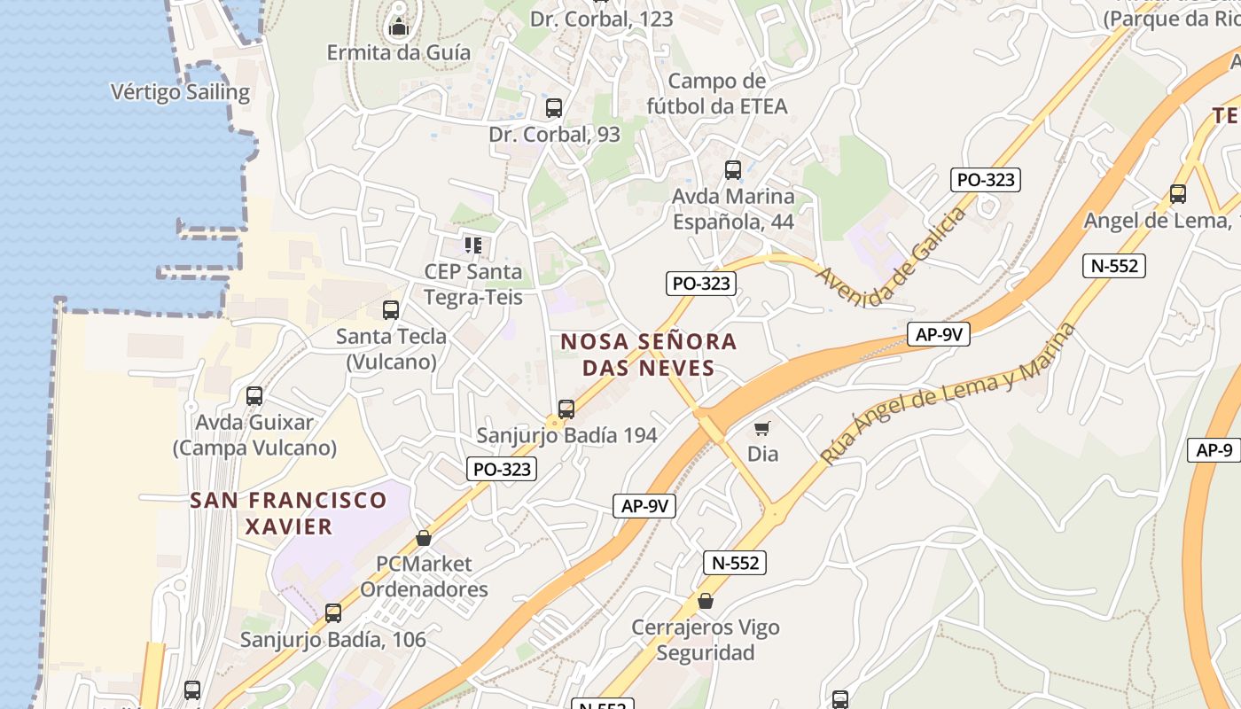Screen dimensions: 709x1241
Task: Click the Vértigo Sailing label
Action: tap(180, 92)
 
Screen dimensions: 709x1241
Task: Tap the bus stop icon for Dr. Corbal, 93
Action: tap(554, 108)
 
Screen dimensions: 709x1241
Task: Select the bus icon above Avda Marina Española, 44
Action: tap(733, 170)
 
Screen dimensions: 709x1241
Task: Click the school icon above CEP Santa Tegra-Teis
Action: tap(473, 245)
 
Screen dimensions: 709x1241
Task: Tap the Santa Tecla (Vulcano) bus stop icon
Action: tap(390, 310)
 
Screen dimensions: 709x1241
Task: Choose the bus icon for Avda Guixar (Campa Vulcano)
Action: tap(254, 396)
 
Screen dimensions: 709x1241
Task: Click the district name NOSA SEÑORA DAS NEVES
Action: tap(648, 354)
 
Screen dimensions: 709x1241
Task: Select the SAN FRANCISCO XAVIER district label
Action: tap(288, 513)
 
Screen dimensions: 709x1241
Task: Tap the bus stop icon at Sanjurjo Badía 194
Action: tap(566, 409)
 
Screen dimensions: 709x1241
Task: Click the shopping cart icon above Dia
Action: tap(762, 429)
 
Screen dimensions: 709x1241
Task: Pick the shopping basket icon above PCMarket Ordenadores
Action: tap(424, 538)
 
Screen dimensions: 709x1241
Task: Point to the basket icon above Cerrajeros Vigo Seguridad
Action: tap(706, 602)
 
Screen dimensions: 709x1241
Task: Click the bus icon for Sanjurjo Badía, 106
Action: tap(333, 613)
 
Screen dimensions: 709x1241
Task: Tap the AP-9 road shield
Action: tap(1214, 450)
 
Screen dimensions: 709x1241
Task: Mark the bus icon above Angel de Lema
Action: tap(1178, 194)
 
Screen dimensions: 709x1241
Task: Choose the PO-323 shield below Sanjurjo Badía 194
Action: tap(502, 469)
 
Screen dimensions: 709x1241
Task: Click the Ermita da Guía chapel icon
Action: tap(399, 27)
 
